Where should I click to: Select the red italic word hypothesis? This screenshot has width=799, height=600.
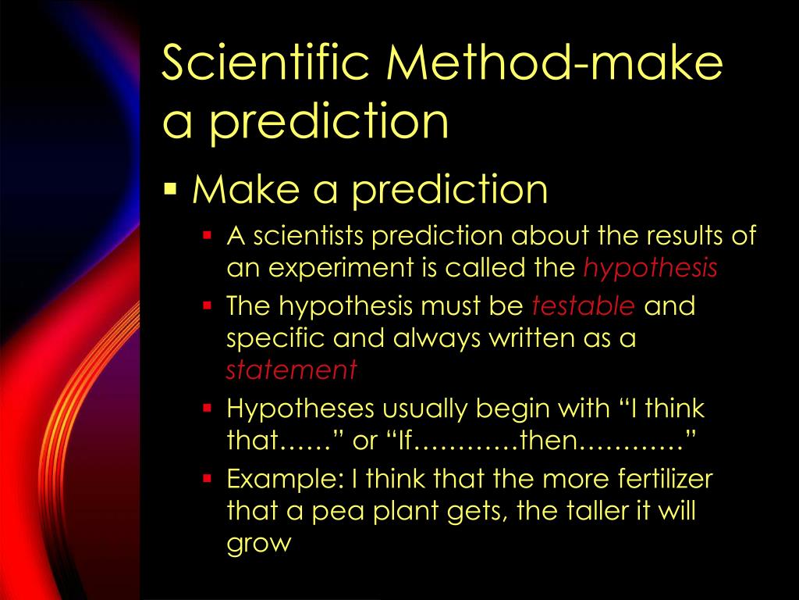click(x=651, y=268)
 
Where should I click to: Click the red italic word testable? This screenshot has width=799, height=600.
click(x=584, y=305)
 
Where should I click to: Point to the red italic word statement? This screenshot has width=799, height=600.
click(x=291, y=370)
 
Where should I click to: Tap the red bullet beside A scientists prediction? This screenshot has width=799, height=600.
click(x=208, y=234)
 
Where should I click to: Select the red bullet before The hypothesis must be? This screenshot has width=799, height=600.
click(x=208, y=305)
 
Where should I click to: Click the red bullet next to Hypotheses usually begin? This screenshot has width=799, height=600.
click(x=208, y=408)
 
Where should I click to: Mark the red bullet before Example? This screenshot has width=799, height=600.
click(x=208, y=477)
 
